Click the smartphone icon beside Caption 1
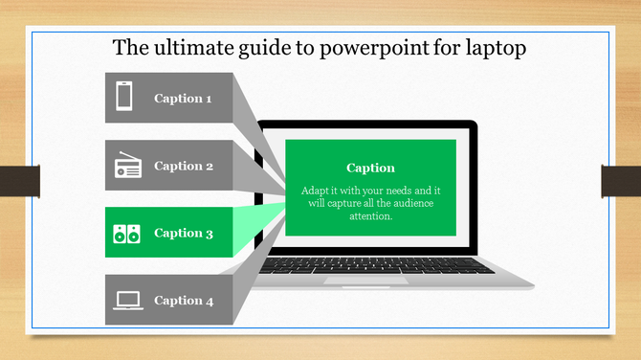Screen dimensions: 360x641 click(x=124, y=98)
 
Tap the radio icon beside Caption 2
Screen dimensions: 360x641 click(x=127, y=167)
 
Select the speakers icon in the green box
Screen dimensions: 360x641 click(x=127, y=233)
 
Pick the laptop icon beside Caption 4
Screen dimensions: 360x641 click(x=127, y=301)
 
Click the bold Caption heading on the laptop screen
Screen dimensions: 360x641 click(x=370, y=168)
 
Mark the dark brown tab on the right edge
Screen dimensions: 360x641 click(x=620, y=180)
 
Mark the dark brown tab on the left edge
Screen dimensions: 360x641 click(x=19, y=180)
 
